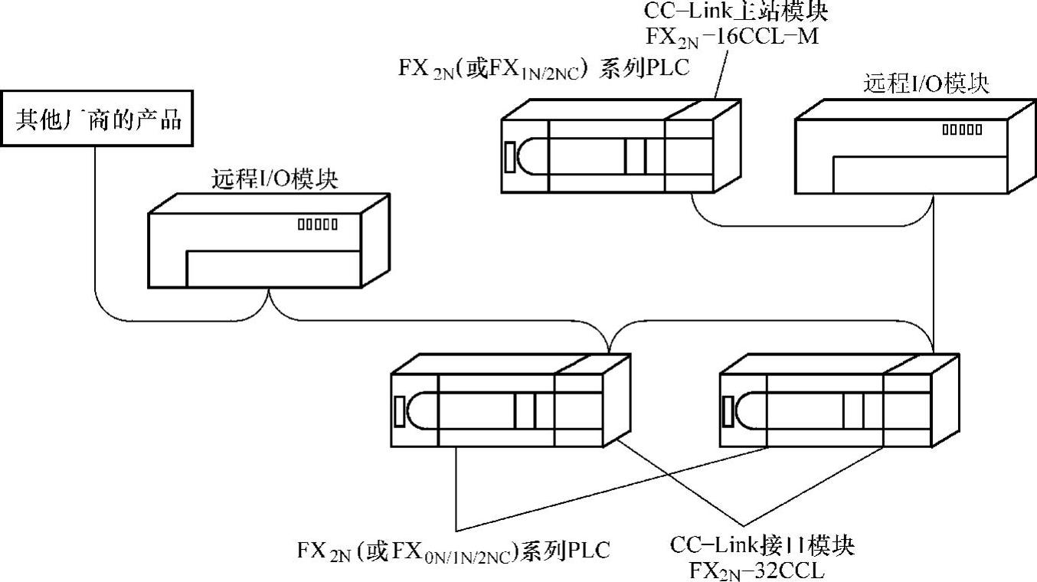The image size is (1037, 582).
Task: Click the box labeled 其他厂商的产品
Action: point(97,120)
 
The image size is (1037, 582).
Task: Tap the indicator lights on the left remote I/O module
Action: point(317,224)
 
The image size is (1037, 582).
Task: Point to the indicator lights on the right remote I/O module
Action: point(962,129)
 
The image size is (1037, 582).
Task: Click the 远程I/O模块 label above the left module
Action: point(275,180)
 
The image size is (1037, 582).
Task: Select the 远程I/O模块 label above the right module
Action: point(926,83)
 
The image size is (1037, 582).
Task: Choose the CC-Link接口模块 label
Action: point(762,546)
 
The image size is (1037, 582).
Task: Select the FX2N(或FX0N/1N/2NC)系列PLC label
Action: point(454,550)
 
